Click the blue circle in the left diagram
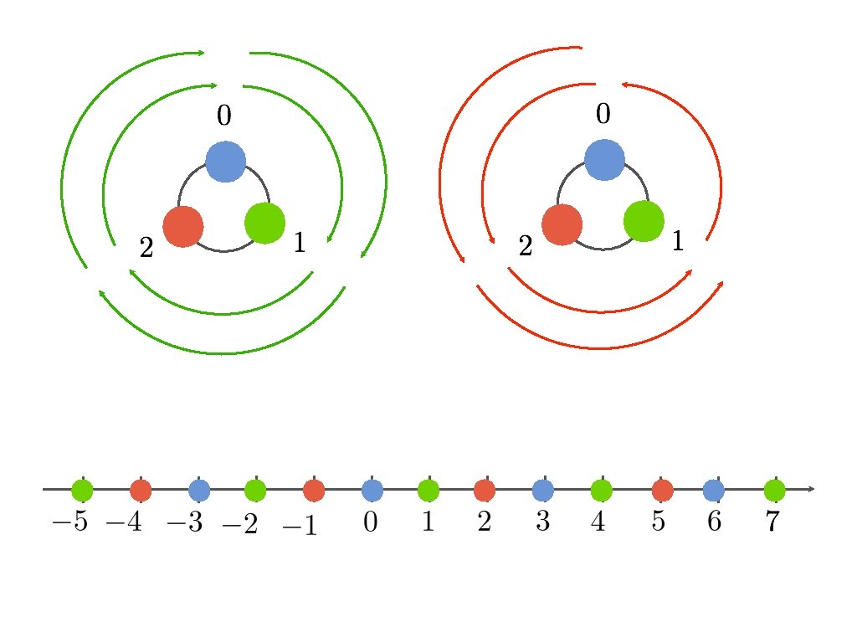pos(225,162)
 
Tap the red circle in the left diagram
pos(183,226)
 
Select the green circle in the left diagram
pos(265,224)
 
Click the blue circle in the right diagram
pos(604,160)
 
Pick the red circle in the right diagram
pos(562,225)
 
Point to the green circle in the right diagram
pos(644,222)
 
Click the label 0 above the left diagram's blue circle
pos(223,116)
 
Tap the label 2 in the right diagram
pos(526,247)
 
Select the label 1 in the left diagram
pos(299,244)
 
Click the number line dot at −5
pos(82,490)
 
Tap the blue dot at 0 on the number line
pos(372,490)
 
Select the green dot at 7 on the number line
pos(774,490)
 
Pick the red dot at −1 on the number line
pos(314,490)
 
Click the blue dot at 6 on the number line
pos(713,490)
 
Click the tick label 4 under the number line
pos(598,522)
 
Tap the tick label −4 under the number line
pos(126,523)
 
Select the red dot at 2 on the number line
pos(484,490)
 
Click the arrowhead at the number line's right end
pos(810,489)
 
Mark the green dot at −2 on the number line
pos(255,490)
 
